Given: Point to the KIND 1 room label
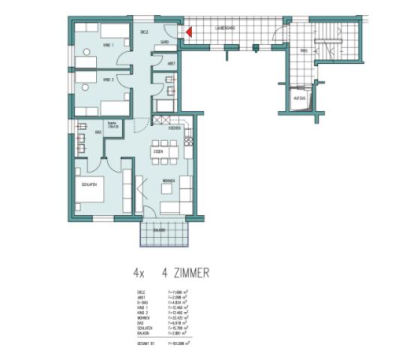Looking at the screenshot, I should [x=108, y=46].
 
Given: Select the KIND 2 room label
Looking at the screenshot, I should [x=108, y=79].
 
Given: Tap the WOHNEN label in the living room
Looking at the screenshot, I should [x=168, y=181].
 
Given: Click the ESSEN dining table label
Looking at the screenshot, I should [x=158, y=152].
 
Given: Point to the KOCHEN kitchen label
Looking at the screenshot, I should [x=174, y=128].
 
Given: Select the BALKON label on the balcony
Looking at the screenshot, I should [x=158, y=230].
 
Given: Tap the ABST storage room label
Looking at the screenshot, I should [x=171, y=64].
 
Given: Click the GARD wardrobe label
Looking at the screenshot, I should [x=164, y=43].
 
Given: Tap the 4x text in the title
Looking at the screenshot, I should [x=139, y=274].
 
